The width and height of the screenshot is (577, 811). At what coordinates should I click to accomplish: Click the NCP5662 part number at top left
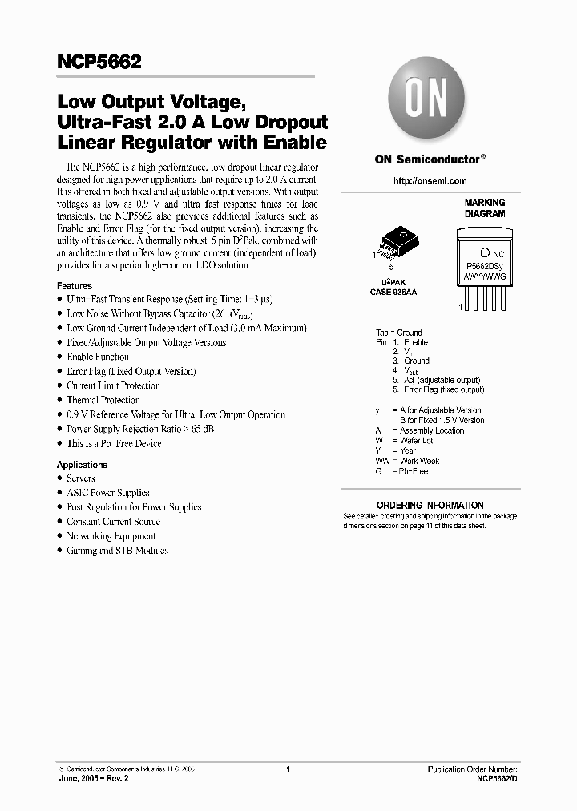(x=99, y=61)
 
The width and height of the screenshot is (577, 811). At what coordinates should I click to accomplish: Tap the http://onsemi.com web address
(x=430, y=181)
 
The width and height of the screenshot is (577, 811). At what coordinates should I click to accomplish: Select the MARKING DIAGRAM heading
(x=485, y=208)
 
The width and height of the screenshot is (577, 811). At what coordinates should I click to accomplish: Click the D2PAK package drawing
(x=398, y=242)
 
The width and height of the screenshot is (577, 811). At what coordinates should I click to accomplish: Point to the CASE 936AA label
(x=393, y=292)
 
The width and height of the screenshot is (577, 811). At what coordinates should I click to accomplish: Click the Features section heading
(x=75, y=285)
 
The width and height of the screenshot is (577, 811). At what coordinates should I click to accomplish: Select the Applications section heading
(x=82, y=464)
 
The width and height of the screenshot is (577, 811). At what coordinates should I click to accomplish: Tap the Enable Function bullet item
(x=97, y=357)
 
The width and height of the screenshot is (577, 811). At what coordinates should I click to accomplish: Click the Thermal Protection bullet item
(x=103, y=400)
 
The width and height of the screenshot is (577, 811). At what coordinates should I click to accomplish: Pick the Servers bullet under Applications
(x=81, y=478)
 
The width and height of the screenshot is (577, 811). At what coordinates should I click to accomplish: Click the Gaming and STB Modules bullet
(x=117, y=551)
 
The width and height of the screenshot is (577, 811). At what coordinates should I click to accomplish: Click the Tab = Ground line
(x=398, y=333)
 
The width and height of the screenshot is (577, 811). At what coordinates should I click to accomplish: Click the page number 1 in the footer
(x=288, y=769)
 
